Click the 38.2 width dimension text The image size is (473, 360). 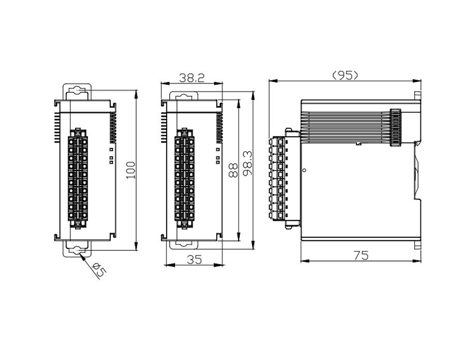tap(191, 78)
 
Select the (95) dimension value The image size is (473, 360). tap(345, 75)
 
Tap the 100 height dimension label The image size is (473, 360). tap(130, 170)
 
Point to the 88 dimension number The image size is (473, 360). tap(233, 170)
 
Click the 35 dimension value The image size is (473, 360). tap(194, 260)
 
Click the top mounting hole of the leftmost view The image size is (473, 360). tap(77, 91)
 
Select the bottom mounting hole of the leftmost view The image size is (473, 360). tap(77, 250)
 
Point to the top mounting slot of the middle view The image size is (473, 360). tap(181, 97)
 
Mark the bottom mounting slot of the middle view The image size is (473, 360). tap(181, 243)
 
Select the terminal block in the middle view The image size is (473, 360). tap(184, 178)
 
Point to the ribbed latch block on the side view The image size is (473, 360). tap(395, 128)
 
